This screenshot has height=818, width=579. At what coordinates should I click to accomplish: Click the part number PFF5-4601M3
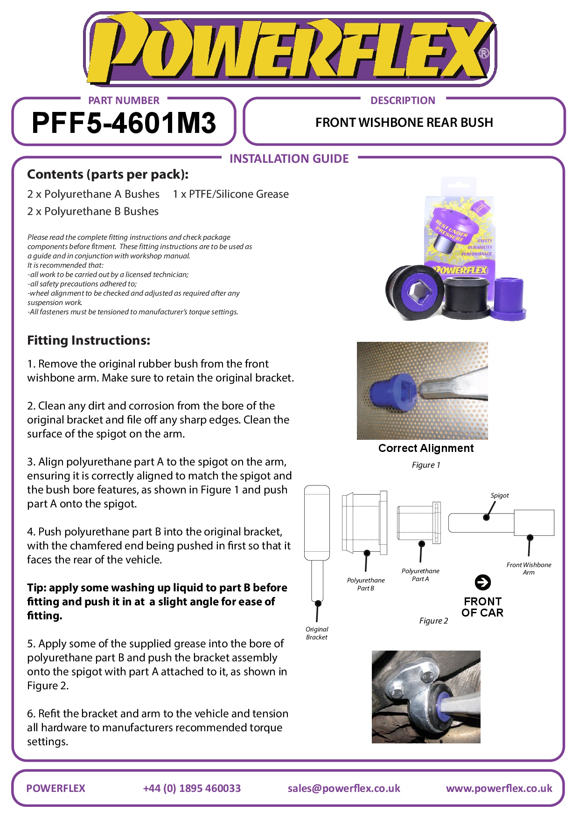(124, 123)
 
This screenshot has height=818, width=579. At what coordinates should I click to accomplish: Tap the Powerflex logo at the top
(289, 49)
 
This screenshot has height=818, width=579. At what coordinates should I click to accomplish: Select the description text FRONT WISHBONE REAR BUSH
(404, 123)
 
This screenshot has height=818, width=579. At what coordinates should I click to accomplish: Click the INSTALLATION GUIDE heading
(289, 159)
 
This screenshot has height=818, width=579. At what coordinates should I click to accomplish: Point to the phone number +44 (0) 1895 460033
(192, 788)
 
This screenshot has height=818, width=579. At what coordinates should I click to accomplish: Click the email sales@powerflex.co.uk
(344, 788)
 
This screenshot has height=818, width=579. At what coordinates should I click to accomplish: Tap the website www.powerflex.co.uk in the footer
(499, 788)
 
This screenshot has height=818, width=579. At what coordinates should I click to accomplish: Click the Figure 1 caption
(426, 465)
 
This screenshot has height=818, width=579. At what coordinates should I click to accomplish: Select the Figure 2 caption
(433, 621)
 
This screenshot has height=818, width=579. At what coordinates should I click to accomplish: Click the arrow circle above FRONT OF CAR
(482, 582)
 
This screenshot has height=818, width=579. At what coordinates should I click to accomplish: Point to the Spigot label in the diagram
(499, 495)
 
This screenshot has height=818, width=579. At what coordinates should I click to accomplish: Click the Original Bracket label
(317, 633)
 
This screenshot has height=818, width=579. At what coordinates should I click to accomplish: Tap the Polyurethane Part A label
(420, 575)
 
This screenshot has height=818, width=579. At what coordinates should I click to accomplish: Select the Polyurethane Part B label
(366, 584)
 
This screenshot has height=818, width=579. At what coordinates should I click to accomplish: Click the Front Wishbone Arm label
(529, 568)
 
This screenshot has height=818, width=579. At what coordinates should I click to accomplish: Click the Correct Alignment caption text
(426, 448)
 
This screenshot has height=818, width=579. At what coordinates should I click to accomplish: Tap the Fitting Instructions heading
(89, 340)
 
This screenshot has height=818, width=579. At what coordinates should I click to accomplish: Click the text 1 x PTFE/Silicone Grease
(230, 194)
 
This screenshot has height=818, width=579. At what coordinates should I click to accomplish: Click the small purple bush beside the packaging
(509, 298)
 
